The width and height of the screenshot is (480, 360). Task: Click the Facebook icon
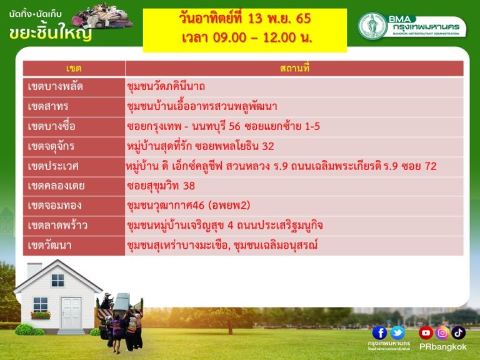tap(380, 332)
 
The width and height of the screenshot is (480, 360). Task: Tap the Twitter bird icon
tap(397, 332)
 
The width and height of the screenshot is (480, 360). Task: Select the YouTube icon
tap(426, 332)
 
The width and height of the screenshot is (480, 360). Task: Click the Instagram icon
tap(442, 332)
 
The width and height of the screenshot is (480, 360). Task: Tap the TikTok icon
tap(458, 332)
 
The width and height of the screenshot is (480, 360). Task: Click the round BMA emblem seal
tap(372, 26)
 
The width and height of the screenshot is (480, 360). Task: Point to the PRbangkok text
tap(442, 347)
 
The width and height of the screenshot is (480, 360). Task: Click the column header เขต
tap(74, 68)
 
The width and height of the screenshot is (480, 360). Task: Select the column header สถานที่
tap(294, 68)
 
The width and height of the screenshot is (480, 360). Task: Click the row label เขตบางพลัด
tap(56, 87)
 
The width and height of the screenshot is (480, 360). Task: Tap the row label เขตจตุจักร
tap(51, 146)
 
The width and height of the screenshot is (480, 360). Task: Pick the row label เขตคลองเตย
tap(56, 186)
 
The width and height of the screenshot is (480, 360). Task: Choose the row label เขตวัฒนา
tap(49, 246)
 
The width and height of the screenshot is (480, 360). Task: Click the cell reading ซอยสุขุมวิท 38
tap(161, 186)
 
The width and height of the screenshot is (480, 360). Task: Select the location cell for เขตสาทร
tap(202, 106)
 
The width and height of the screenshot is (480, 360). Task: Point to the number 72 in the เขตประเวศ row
tap(431, 166)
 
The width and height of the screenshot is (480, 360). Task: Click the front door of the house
tap(71, 313)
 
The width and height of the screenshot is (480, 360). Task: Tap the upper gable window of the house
tap(58, 281)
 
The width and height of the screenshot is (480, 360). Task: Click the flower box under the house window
tap(41, 315)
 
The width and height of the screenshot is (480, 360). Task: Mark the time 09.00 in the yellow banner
tap(229, 37)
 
